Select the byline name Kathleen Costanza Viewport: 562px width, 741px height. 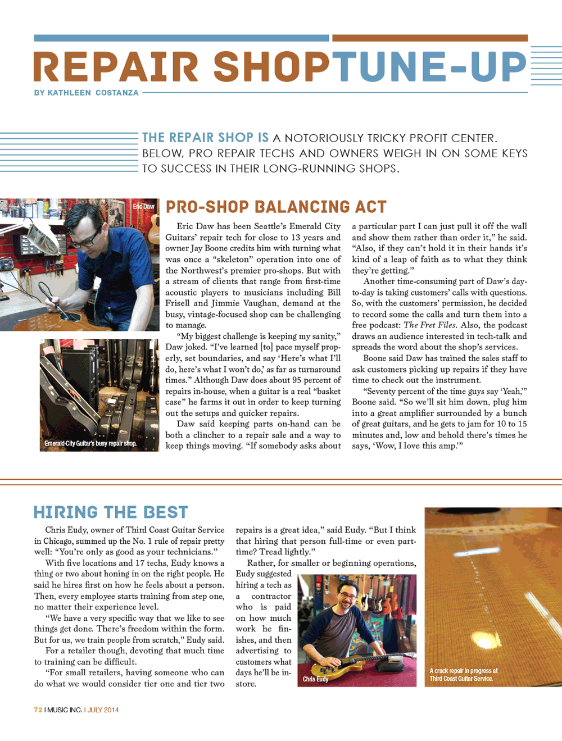click(x=93, y=93)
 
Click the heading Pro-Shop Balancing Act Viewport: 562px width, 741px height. click(x=276, y=207)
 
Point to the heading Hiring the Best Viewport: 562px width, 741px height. click(x=111, y=512)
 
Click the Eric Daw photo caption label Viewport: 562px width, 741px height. click(x=143, y=207)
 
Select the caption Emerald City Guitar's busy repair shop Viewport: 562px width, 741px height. click(x=90, y=444)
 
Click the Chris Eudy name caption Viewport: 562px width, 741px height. click(x=315, y=679)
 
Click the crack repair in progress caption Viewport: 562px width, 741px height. click(x=463, y=675)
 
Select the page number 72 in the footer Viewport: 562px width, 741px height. click(x=38, y=710)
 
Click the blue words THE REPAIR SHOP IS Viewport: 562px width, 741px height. click(x=205, y=138)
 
